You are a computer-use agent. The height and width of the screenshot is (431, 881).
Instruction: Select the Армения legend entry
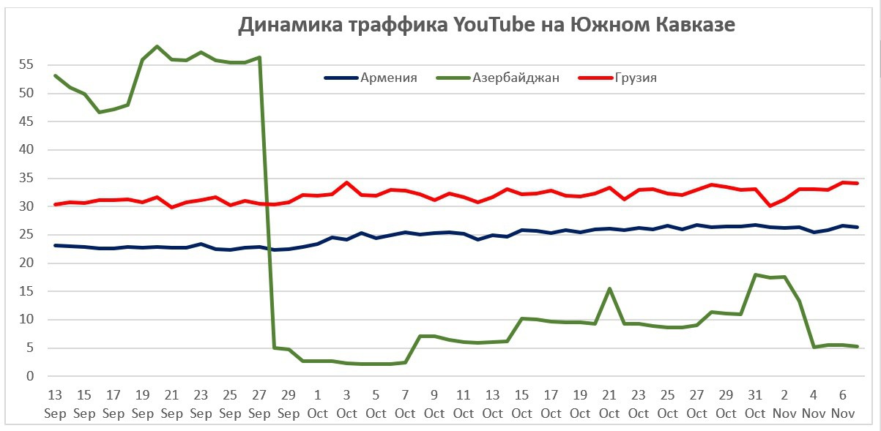click(388, 78)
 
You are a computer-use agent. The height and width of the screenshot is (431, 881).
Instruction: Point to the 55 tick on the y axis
click(27, 64)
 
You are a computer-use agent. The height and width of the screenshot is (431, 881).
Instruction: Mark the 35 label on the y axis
click(27, 178)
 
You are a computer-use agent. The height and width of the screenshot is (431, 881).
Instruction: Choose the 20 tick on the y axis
click(27, 263)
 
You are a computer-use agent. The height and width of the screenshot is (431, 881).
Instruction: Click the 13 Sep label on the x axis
click(55, 404)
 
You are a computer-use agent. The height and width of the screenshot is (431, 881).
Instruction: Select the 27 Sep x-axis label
click(259, 404)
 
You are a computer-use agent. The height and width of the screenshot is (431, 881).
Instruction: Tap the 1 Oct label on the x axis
click(318, 404)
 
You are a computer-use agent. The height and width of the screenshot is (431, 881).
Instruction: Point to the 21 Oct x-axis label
click(609, 404)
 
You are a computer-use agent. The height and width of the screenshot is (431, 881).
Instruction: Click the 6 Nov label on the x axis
click(842, 404)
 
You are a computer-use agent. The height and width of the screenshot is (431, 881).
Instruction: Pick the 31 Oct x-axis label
click(755, 404)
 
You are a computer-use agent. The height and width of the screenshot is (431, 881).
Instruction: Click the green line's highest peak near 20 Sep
click(157, 46)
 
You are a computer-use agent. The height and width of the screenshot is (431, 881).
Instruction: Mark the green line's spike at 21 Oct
click(609, 288)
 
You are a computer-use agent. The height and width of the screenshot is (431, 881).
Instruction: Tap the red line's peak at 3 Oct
click(346, 182)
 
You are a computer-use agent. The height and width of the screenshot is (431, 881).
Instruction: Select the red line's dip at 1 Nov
click(770, 206)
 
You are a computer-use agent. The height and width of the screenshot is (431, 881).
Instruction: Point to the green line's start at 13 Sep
click(56, 75)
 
